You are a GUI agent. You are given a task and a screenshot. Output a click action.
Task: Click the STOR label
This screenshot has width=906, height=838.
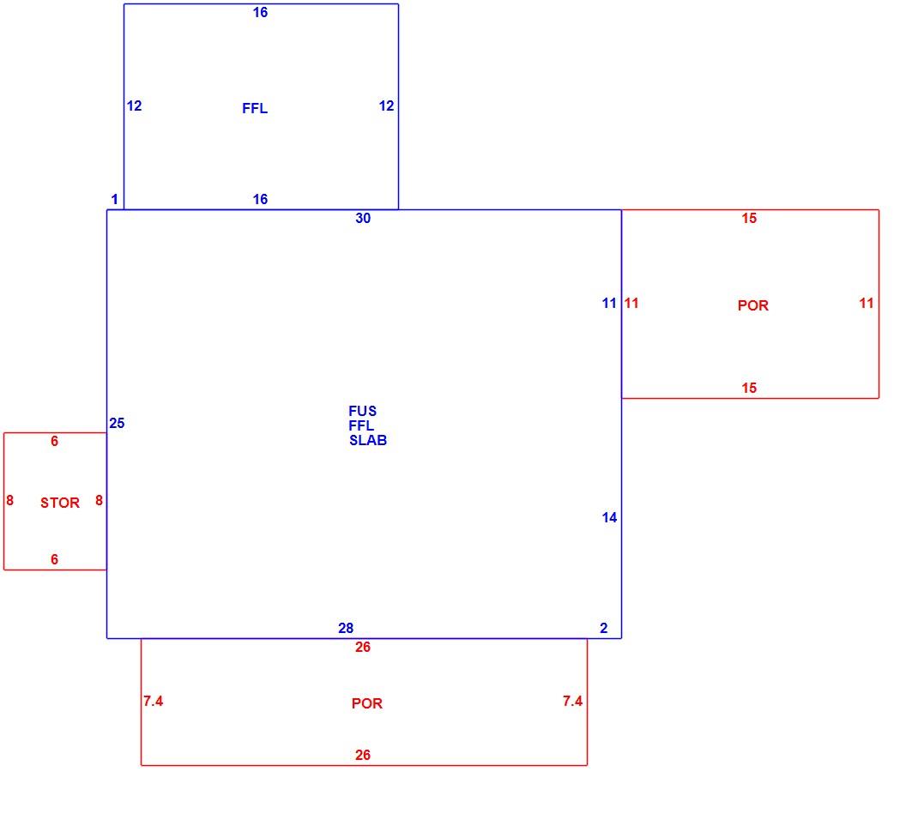[x=59, y=503]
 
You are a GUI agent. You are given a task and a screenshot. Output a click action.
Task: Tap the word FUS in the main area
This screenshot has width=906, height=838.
[x=362, y=411]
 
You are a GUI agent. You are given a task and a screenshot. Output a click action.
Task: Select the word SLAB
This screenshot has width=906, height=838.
[x=368, y=440]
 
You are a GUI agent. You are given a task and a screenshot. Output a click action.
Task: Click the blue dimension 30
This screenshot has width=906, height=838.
[x=363, y=218]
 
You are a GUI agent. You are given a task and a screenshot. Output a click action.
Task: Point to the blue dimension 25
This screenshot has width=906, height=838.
[x=117, y=423]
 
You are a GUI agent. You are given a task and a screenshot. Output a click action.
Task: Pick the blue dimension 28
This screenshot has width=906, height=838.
[x=346, y=628]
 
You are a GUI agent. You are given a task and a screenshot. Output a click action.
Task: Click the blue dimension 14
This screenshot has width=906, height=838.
[x=609, y=517]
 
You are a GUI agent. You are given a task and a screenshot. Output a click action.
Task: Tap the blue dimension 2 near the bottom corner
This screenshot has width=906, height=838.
[x=604, y=628]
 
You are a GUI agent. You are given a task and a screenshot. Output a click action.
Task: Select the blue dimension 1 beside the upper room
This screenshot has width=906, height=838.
[x=114, y=199]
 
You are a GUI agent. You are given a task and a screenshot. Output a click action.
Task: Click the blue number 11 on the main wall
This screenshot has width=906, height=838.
[x=609, y=303]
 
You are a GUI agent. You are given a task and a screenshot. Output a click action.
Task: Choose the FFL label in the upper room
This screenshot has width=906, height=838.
[x=255, y=108]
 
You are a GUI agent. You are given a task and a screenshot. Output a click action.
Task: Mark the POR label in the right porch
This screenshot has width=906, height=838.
[x=753, y=305]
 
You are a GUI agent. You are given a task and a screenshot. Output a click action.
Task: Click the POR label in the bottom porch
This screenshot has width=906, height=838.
[x=367, y=703]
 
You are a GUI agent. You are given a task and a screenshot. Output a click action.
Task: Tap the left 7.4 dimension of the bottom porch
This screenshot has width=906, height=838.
[x=153, y=701]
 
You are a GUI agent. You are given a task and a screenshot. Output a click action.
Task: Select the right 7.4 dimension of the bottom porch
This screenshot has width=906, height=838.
[x=572, y=701]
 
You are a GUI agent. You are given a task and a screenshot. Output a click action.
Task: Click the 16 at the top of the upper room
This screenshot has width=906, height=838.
[x=260, y=12]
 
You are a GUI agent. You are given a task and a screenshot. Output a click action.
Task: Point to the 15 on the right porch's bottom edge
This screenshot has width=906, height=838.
[x=749, y=388]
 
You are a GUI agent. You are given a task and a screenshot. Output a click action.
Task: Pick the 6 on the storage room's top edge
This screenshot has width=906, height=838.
[x=54, y=441]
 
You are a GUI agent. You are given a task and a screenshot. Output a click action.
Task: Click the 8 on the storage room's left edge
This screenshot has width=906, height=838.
[x=9, y=500]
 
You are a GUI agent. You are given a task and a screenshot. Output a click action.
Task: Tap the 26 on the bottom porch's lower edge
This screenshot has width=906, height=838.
[x=362, y=755]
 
